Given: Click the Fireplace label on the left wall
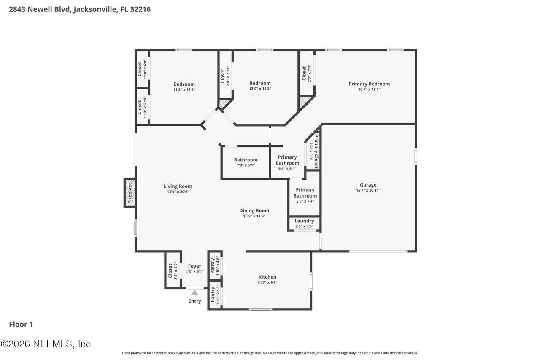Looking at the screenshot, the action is pyautogui.click(x=130, y=192).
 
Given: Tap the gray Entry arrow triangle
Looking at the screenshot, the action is pyautogui.click(x=194, y=293).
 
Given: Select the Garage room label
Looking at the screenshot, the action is pyautogui.click(x=368, y=185).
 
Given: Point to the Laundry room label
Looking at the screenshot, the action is pyautogui.click(x=304, y=221).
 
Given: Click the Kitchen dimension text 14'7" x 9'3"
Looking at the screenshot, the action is pyautogui.click(x=267, y=282).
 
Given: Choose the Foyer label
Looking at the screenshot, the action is pyautogui.click(x=194, y=266).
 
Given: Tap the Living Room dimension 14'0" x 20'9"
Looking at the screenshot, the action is pyautogui.click(x=178, y=192).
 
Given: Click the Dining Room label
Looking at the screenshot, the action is pyautogui.click(x=254, y=211).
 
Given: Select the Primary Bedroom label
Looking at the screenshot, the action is pyautogui.click(x=369, y=84).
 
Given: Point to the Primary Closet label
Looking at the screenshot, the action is pyautogui.click(x=316, y=151).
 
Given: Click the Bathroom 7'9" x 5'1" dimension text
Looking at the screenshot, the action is pyautogui.click(x=246, y=165).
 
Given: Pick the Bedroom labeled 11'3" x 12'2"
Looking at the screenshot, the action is pyautogui.click(x=184, y=84).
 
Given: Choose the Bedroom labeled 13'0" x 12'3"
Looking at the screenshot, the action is pyautogui.click(x=260, y=83).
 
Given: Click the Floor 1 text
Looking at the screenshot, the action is pyautogui.click(x=21, y=324).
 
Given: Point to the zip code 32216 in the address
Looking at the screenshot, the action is pyautogui.click(x=140, y=9).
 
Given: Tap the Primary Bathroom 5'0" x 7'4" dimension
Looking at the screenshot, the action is pyautogui.click(x=305, y=201).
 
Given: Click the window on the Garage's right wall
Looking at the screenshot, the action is pyautogui.click(x=416, y=157).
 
